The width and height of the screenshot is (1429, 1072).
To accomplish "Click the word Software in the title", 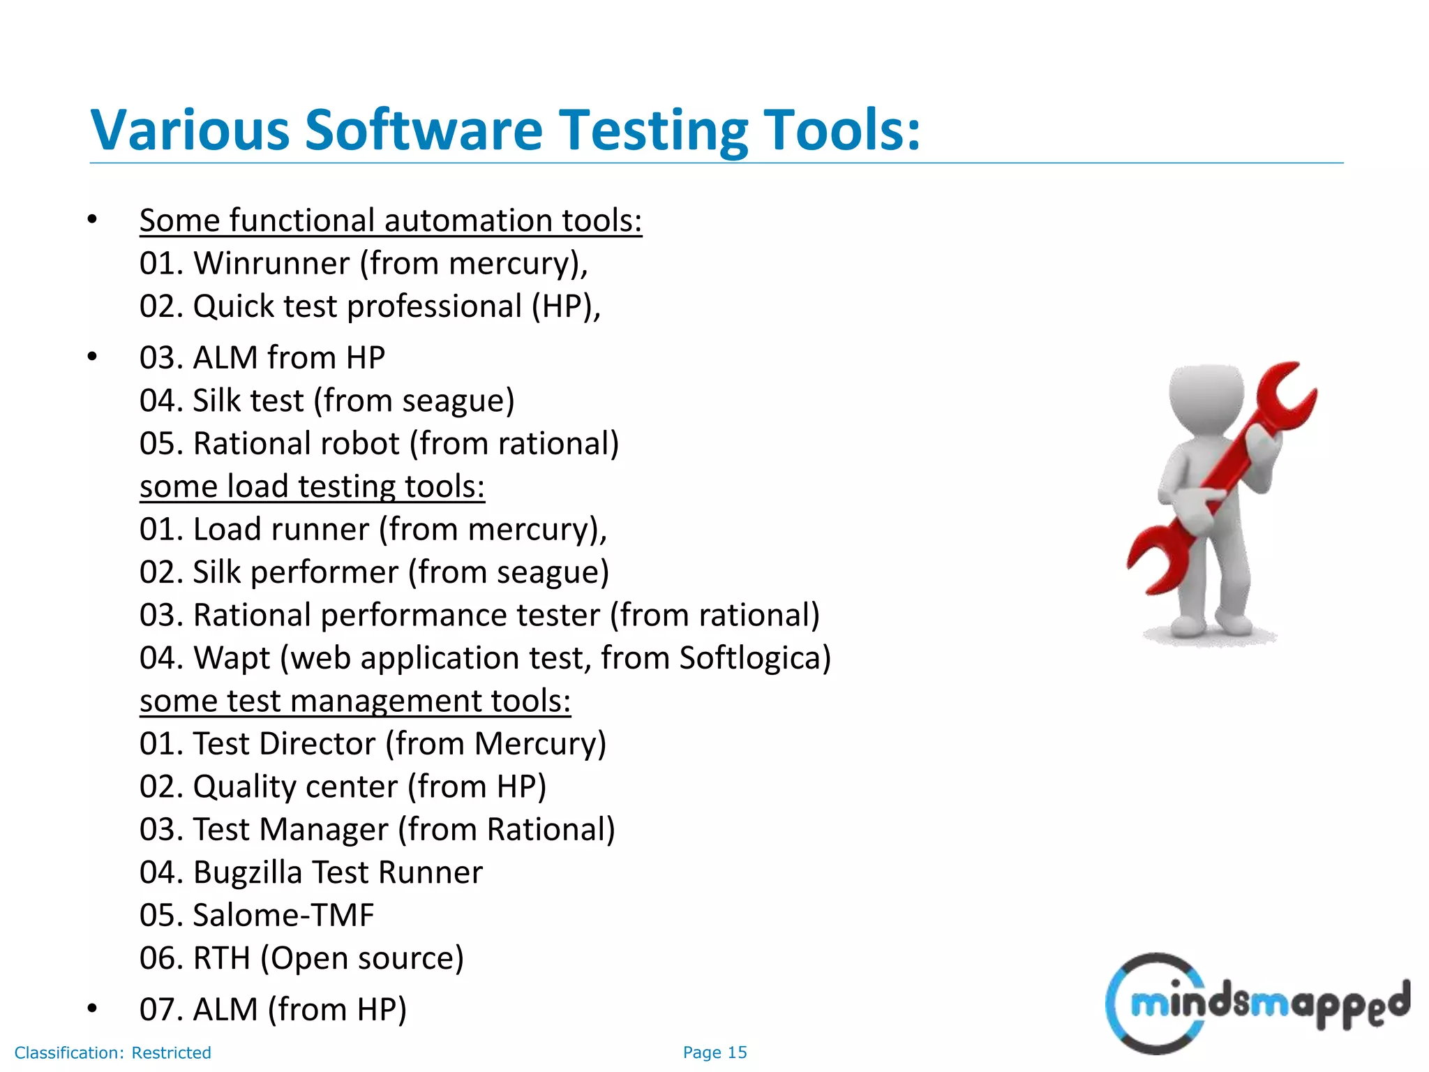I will click(424, 130).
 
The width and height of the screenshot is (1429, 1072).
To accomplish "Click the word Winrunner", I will click(271, 264).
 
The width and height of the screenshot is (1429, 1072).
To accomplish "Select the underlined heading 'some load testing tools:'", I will click(312, 486).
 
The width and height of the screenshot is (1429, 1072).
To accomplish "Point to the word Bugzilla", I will click(247, 873).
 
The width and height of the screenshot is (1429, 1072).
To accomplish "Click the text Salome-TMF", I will click(283, 916).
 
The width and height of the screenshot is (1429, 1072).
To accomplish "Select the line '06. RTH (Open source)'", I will click(301, 958).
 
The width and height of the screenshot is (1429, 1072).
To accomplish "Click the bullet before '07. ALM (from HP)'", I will click(92, 1008).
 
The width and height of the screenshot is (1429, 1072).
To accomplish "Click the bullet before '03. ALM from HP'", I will click(92, 357).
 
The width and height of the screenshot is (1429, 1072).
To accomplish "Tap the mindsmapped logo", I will click(1256, 1004).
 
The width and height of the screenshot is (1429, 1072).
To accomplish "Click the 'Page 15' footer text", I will click(714, 1052).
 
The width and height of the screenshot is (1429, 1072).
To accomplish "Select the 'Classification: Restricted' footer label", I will click(112, 1052).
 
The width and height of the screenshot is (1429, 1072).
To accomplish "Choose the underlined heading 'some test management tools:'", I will click(355, 701).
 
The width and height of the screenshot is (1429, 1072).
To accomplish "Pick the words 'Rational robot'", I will click(296, 444).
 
